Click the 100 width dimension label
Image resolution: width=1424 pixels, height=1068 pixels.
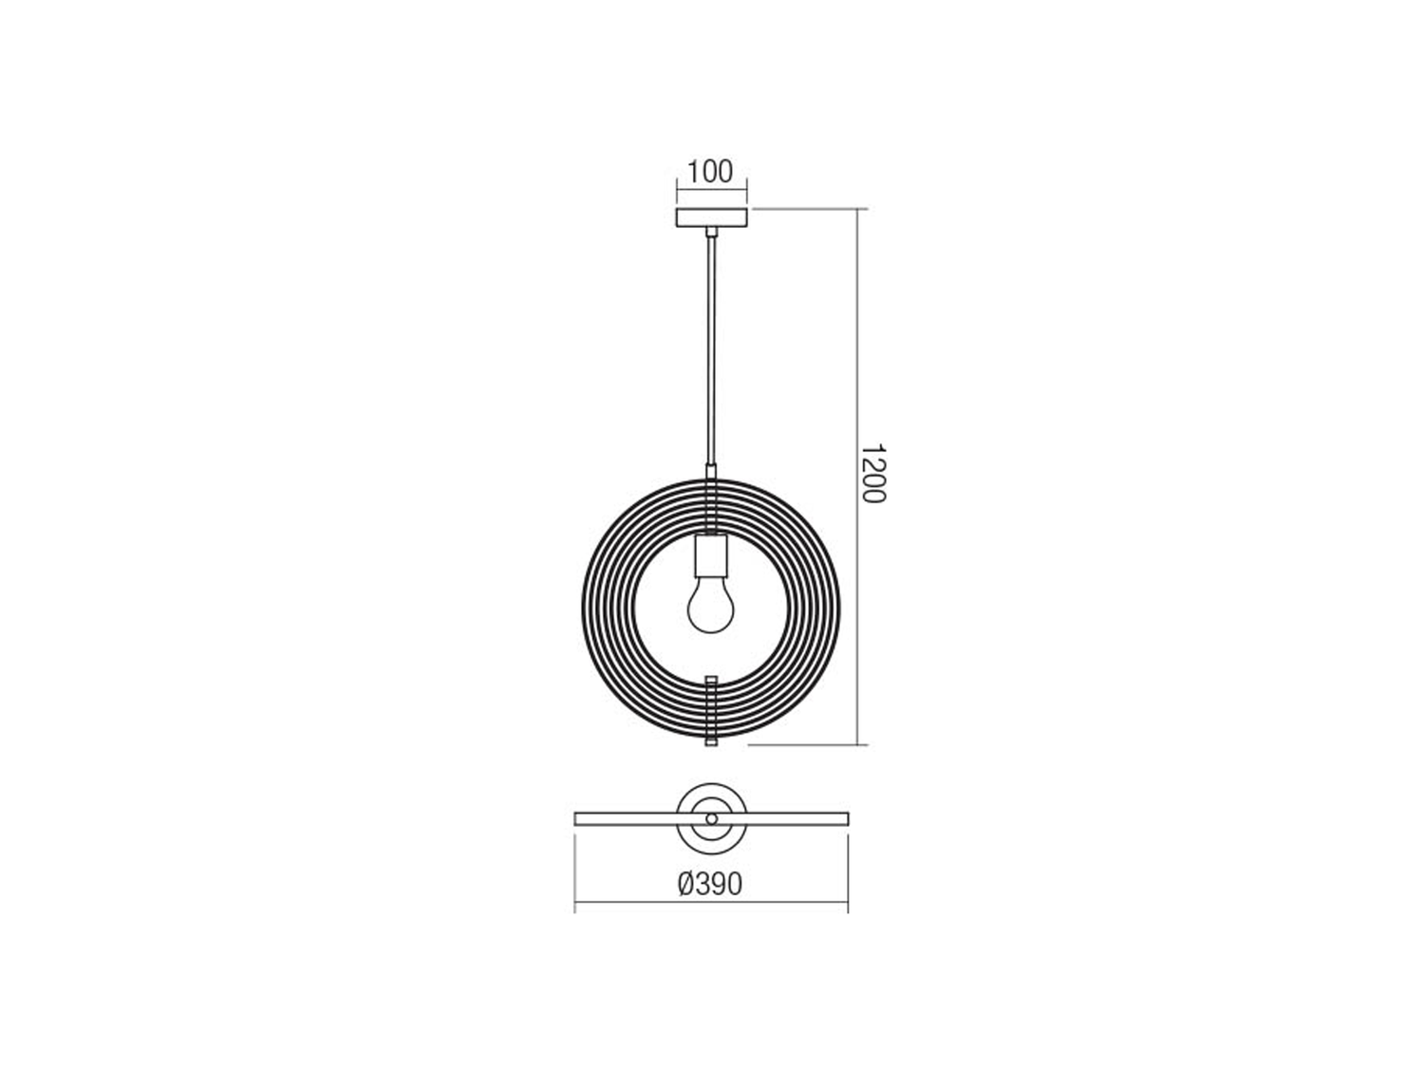(x=710, y=172)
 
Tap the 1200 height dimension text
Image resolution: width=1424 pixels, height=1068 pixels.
(x=874, y=474)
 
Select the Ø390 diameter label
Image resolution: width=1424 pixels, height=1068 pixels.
(x=710, y=884)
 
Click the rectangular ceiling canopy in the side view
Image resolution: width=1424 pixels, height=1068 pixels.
(x=711, y=218)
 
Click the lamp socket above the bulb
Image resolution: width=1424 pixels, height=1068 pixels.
(x=711, y=555)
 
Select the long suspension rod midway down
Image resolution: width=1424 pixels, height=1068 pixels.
(x=712, y=351)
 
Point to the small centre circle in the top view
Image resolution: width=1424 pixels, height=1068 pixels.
(x=712, y=819)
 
